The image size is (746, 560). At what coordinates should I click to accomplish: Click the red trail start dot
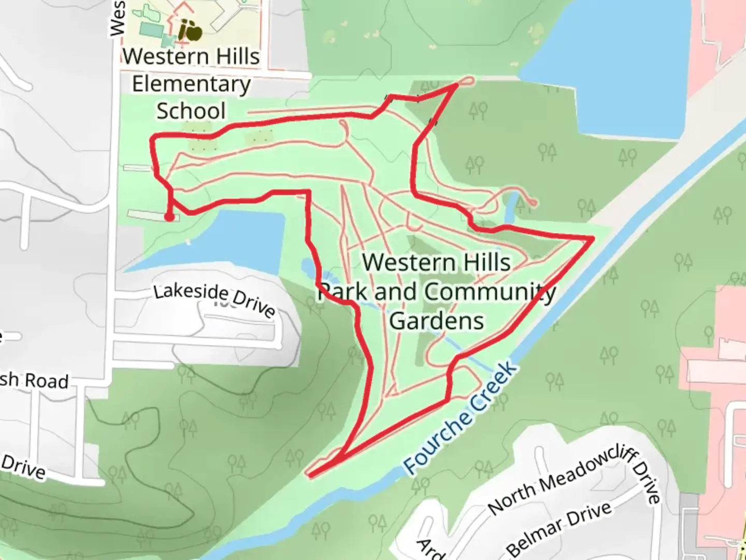pyautogui.click(x=169, y=217)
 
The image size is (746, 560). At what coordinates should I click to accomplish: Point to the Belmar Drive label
pyautogui.click(x=559, y=527)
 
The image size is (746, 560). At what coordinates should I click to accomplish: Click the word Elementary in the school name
pyautogui.click(x=191, y=84)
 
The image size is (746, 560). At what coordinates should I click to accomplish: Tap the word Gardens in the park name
pyautogui.click(x=436, y=320)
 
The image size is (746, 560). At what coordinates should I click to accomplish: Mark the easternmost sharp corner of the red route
pyautogui.click(x=593, y=237)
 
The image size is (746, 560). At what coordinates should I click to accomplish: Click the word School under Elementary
pyautogui.click(x=191, y=111)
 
